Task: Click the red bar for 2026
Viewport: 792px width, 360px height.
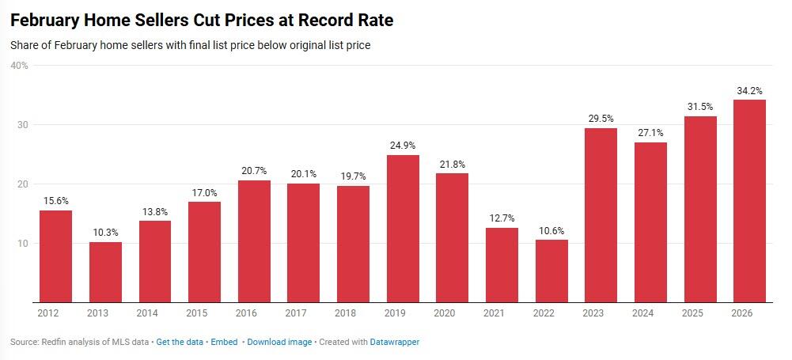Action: (749, 201)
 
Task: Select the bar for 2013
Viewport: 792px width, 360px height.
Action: (105, 272)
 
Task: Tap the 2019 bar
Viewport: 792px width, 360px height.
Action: (403, 229)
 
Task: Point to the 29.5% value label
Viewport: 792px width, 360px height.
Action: (601, 119)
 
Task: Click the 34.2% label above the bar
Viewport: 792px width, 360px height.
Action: (749, 90)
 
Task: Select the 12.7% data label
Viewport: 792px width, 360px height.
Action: (502, 218)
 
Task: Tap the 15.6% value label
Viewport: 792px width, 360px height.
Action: (55, 201)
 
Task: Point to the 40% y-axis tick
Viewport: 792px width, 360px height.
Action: (20, 66)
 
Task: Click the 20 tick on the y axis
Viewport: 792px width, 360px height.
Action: (23, 184)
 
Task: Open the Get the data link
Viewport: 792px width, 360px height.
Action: (180, 343)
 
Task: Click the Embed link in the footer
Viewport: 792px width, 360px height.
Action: (225, 343)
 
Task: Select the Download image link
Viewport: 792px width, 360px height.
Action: (279, 343)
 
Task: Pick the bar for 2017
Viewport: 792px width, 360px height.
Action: (304, 243)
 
